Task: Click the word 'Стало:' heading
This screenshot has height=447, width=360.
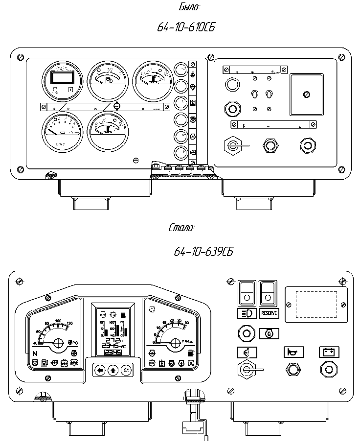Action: pyautogui.click(x=181, y=228)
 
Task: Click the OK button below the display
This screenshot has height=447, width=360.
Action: pyautogui.click(x=126, y=370)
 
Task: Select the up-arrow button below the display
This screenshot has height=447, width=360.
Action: pyautogui.click(x=113, y=370)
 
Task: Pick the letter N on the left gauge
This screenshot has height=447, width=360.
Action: pyautogui.click(x=35, y=353)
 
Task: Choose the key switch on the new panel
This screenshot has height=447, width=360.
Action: pyautogui.click(x=246, y=371)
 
